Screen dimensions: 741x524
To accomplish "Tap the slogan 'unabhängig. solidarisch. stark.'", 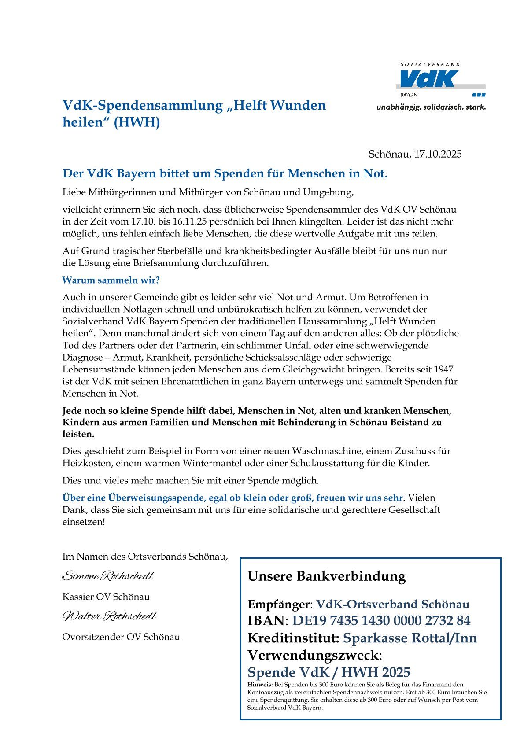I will pyautogui.click(x=431, y=107).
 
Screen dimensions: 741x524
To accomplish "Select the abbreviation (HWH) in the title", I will pyautogui.click(x=137, y=122).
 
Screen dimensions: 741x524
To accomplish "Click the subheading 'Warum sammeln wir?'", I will pyautogui.click(x=111, y=280).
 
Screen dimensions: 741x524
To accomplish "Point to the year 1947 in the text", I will pyautogui.click(x=443, y=369).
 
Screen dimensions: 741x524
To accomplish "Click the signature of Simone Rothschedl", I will pyautogui.click(x=108, y=576).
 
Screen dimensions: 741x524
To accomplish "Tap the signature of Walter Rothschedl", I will pyautogui.click(x=109, y=616).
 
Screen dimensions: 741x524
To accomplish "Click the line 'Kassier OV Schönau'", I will pyautogui.click(x=106, y=597).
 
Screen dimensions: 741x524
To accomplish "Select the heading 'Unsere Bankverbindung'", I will pyautogui.click(x=327, y=576).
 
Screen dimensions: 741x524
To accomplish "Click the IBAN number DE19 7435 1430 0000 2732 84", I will pyautogui.click(x=381, y=621).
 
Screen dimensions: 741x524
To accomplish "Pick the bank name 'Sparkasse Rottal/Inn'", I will pyautogui.click(x=410, y=638).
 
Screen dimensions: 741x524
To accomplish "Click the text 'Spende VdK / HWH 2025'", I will pyautogui.click(x=328, y=672).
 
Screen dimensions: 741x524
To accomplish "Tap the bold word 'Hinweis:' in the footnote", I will pyautogui.click(x=260, y=685).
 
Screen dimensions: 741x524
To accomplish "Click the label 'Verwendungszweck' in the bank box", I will pyautogui.click(x=313, y=655).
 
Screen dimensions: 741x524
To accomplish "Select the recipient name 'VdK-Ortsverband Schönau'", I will pyautogui.click(x=393, y=604).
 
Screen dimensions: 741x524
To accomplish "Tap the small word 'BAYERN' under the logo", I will pyautogui.click(x=409, y=95).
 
